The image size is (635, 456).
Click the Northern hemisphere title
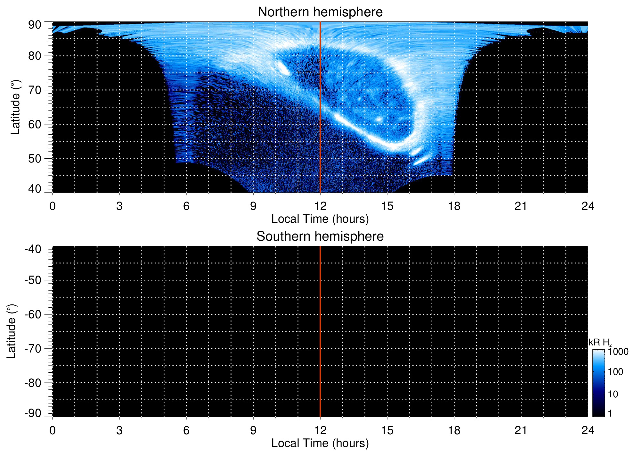(320, 12)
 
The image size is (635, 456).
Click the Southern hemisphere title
(320, 236)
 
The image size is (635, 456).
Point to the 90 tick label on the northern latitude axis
(35, 25)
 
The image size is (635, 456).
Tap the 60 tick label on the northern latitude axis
(35, 124)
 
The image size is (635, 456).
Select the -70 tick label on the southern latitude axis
(33, 349)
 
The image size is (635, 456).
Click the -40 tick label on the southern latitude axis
(33, 249)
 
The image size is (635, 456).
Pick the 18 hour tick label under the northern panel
(454, 206)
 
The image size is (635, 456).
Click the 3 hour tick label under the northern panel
(119, 206)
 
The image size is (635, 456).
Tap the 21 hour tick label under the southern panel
(521, 430)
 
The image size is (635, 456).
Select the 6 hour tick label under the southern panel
(186, 430)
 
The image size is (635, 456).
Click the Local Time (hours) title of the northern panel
(320, 219)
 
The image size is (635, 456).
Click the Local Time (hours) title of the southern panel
(320, 443)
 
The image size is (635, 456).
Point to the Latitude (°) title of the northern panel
(15, 107)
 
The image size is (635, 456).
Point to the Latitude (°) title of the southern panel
(11, 331)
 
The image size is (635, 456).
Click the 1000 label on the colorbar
(618, 352)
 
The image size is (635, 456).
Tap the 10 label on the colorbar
(613, 394)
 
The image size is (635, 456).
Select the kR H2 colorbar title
(600, 343)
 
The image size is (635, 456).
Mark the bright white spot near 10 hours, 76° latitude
(283, 68)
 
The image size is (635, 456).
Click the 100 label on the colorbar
(615, 372)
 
